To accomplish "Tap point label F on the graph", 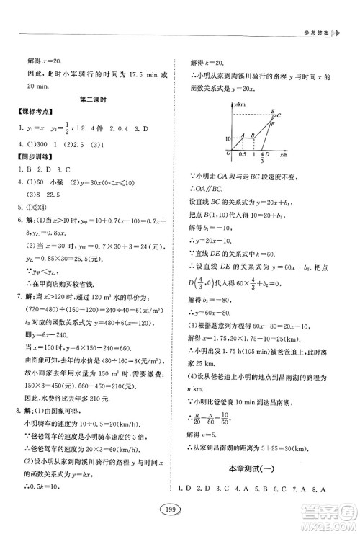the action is pyautogui.click(x=272, y=125).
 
